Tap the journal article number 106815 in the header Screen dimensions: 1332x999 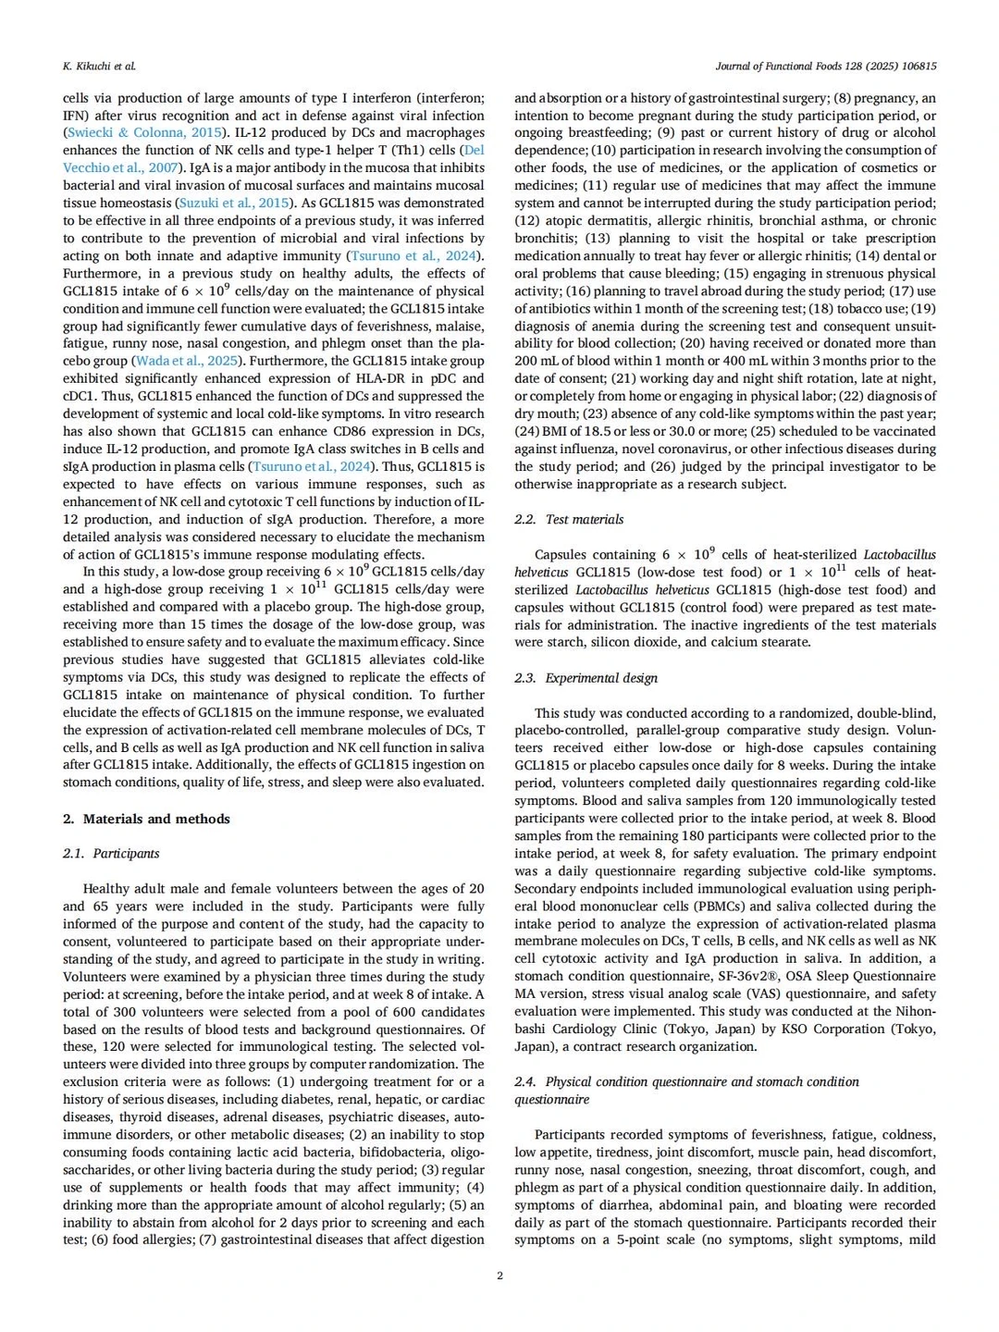pyautogui.click(x=917, y=67)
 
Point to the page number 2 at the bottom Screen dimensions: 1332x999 pyautogui.click(x=499, y=1276)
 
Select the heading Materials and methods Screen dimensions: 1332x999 pyautogui.click(x=156, y=819)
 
